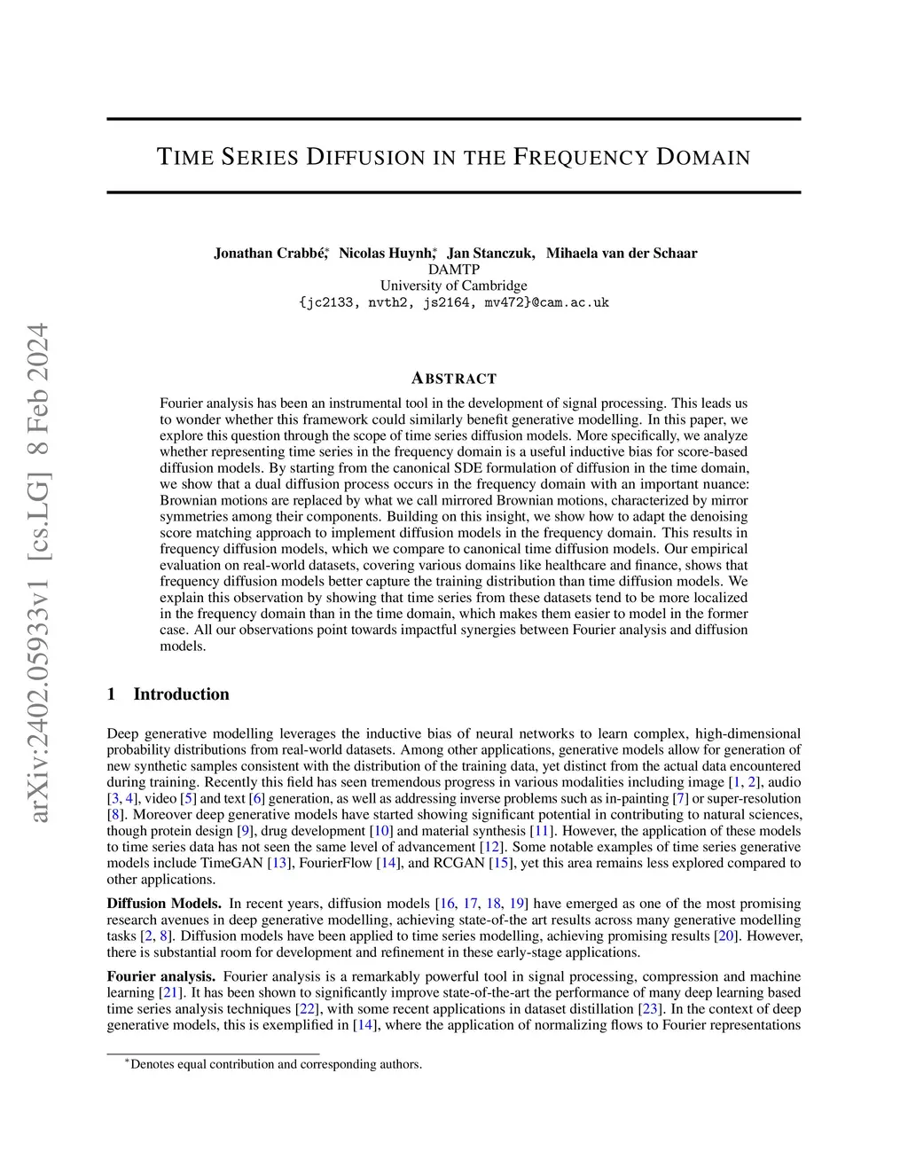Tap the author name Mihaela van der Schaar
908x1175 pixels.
point(622,254)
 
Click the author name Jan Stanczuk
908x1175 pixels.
point(490,254)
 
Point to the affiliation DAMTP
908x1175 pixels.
point(453,270)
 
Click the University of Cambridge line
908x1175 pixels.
point(453,286)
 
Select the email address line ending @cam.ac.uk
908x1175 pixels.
point(453,302)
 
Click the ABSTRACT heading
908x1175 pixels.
point(454,379)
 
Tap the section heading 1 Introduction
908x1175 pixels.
point(168,694)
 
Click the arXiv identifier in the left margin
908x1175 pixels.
point(39,572)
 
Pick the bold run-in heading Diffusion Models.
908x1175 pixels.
point(164,904)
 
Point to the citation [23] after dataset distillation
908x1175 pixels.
point(648,1009)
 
